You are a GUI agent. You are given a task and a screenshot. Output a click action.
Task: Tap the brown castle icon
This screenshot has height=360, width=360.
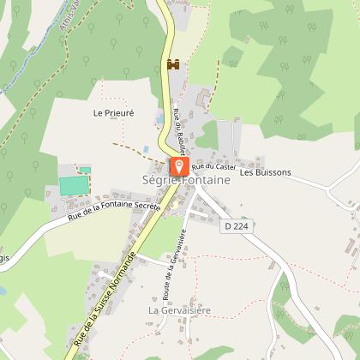[x=171, y=64]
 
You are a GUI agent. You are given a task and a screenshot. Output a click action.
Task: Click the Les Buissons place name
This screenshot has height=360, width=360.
[x=266, y=172]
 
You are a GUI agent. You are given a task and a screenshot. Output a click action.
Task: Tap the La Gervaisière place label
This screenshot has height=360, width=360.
[x=179, y=309]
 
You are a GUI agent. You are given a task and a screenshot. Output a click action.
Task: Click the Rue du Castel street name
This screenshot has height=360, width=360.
[x=213, y=165]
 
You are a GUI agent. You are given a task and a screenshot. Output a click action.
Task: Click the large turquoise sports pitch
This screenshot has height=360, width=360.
[x=73, y=184]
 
